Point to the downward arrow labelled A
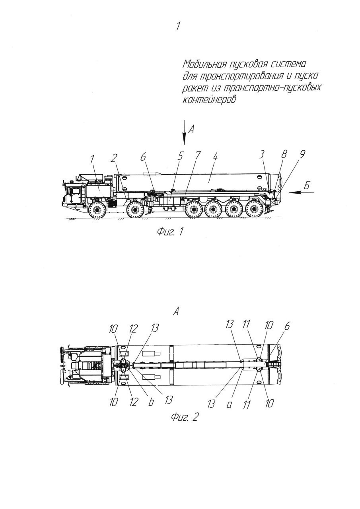184,133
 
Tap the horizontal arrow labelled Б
301,192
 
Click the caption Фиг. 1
170,232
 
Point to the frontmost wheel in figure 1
96,209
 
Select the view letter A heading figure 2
175,313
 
